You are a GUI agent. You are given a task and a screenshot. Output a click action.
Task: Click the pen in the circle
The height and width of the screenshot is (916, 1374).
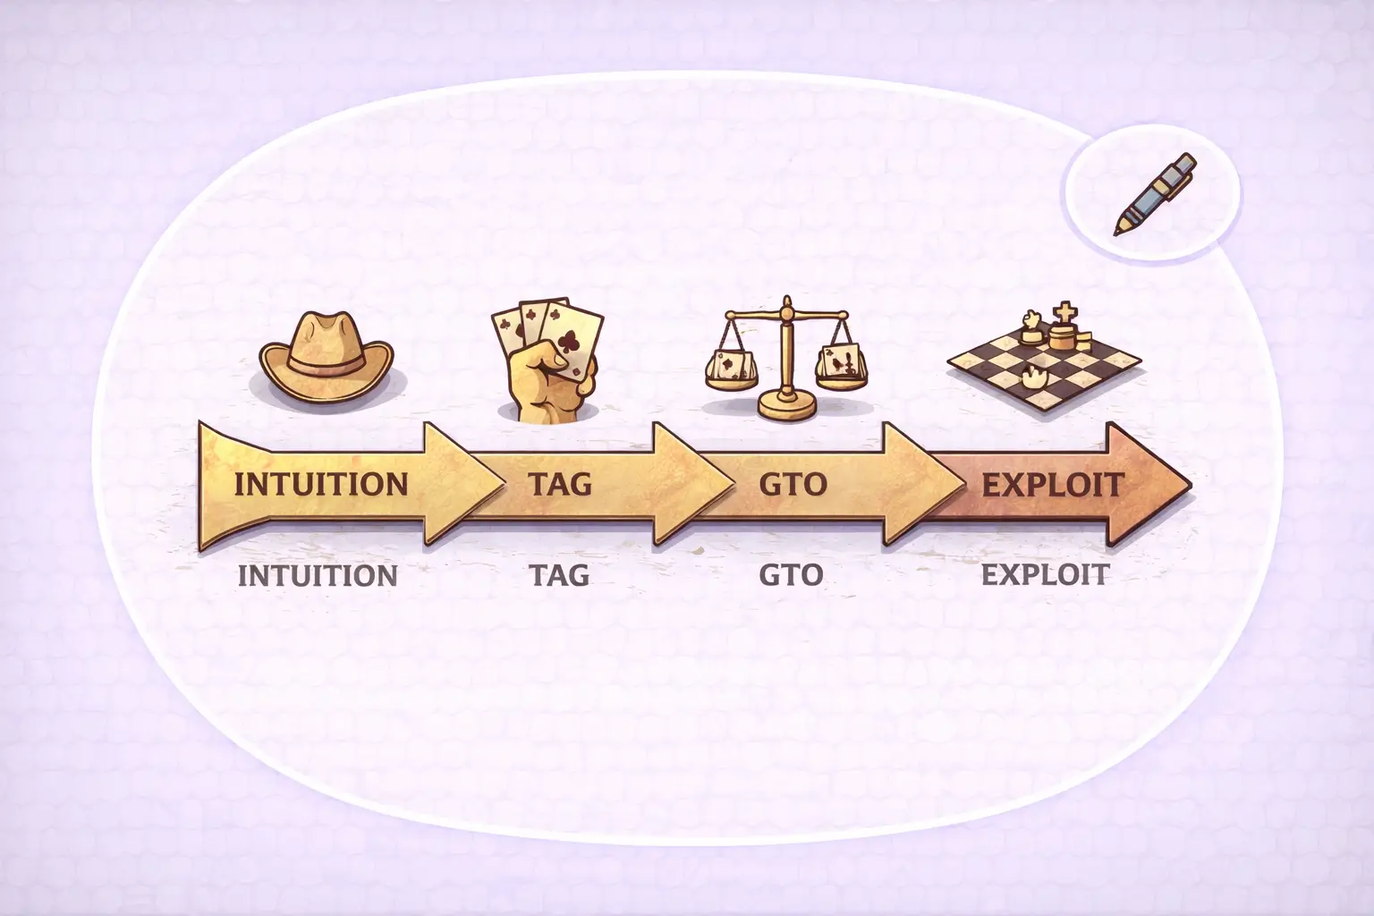1155,194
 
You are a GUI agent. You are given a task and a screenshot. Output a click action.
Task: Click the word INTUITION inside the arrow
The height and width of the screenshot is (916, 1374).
321,484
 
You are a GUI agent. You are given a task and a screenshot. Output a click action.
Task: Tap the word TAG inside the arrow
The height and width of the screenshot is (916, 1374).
560,484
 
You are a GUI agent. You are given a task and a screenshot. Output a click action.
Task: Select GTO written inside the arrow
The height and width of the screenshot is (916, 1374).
793,484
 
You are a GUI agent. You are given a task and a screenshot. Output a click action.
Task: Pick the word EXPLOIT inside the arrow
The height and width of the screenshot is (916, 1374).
1053,485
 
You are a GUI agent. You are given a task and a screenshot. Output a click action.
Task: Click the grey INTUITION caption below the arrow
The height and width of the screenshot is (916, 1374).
318,575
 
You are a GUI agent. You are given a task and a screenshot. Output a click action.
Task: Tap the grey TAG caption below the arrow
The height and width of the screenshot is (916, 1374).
559,575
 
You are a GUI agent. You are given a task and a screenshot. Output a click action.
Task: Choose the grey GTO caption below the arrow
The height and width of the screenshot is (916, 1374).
791,575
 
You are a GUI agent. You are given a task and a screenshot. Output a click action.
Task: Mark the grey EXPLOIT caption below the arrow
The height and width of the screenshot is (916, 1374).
1045,575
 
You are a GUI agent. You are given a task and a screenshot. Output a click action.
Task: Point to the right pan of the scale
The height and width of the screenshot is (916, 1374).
841,369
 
